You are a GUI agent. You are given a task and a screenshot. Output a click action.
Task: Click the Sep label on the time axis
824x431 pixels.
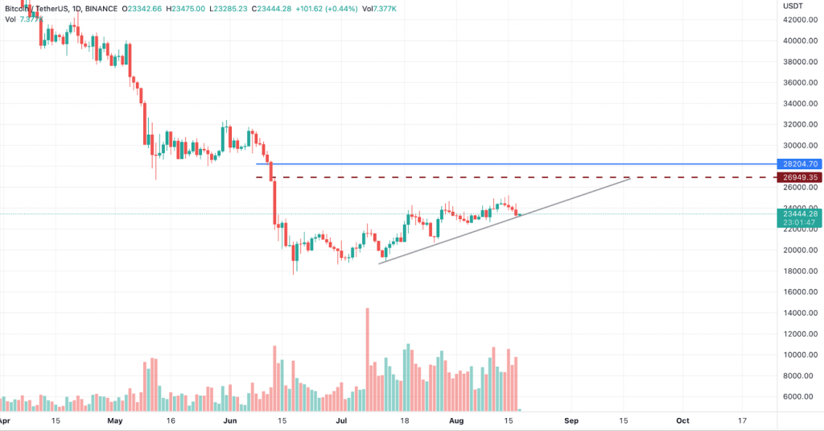571,421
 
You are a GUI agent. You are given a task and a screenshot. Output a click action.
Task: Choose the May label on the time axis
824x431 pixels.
115,421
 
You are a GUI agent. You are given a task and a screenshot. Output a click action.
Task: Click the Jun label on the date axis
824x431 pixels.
230,421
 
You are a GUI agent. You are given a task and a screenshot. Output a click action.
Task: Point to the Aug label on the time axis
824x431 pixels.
456,421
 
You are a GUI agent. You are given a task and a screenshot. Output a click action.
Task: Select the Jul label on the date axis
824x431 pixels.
341,421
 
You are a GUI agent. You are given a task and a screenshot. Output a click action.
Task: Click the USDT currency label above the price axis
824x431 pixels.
794,5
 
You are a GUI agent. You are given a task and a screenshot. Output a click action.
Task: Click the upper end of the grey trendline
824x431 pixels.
628,179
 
